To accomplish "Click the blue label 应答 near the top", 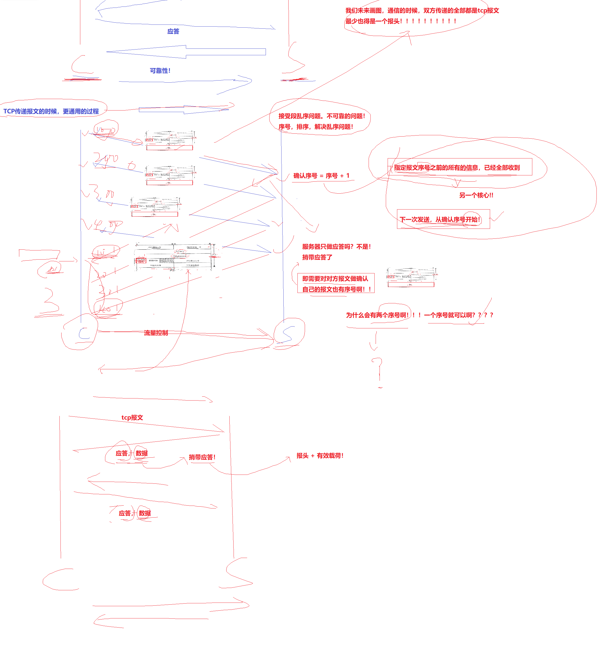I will point(173,32).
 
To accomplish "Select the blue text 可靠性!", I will point(160,71).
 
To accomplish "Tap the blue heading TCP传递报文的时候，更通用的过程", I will point(51,111).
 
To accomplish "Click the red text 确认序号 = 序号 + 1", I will point(321,176).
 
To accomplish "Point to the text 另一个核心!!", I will point(476,195).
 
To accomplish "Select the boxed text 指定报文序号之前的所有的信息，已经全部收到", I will point(457,168).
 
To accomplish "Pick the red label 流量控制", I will point(156,333).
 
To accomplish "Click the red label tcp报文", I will point(132,418).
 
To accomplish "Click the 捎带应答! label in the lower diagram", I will point(202,457).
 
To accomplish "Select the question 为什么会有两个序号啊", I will point(377,315).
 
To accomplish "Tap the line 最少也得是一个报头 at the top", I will point(373,21).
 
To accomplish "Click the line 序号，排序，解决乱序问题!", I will point(316,127).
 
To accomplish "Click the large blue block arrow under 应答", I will point(186,52).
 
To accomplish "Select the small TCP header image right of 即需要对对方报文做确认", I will point(411,277).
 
